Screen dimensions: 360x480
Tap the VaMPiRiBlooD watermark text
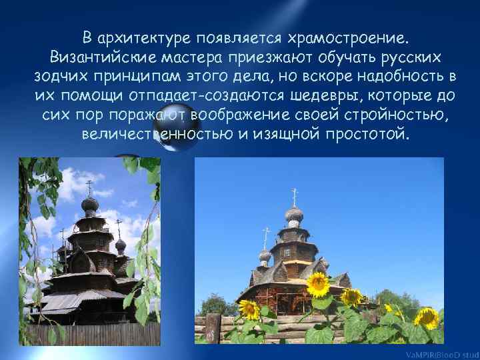pyautogui.click(x=444, y=354)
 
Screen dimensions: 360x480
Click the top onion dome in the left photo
pyautogui.click(x=89, y=203)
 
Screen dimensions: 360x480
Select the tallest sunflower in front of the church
pyautogui.click(x=318, y=284)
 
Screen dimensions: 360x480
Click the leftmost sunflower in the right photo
pyautogui.click(x=249, y=309)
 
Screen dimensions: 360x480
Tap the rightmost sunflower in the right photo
pyautogui.click(x=427, y=317)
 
